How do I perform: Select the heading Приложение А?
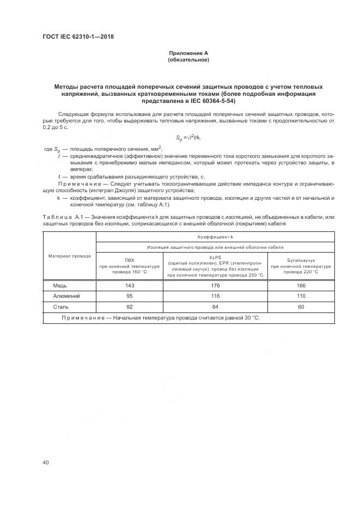[x=188, y=53]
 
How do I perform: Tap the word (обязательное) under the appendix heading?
[x=188, y=60]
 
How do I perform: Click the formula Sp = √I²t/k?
[x=188, y=137]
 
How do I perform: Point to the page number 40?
[x=46, y=462]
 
